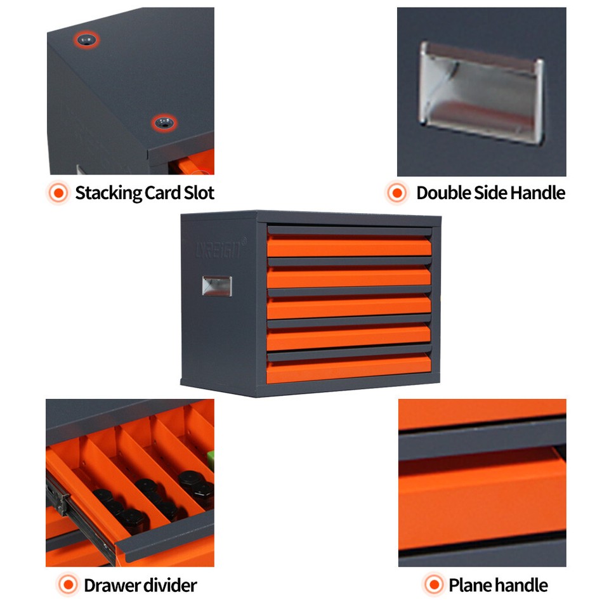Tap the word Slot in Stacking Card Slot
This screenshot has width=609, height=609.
198,193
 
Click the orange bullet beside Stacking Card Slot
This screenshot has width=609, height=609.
58,193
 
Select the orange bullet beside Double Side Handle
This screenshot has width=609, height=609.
397,193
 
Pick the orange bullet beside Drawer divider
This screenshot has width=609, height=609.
67,585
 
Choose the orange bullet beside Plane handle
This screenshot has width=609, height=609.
433,585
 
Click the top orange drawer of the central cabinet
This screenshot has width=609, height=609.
348,247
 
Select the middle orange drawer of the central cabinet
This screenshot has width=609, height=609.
348,308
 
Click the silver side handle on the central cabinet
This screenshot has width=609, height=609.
216,285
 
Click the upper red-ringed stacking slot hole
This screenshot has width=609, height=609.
86,40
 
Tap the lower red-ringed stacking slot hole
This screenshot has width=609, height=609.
164,122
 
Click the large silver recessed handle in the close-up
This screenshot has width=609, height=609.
481,93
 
